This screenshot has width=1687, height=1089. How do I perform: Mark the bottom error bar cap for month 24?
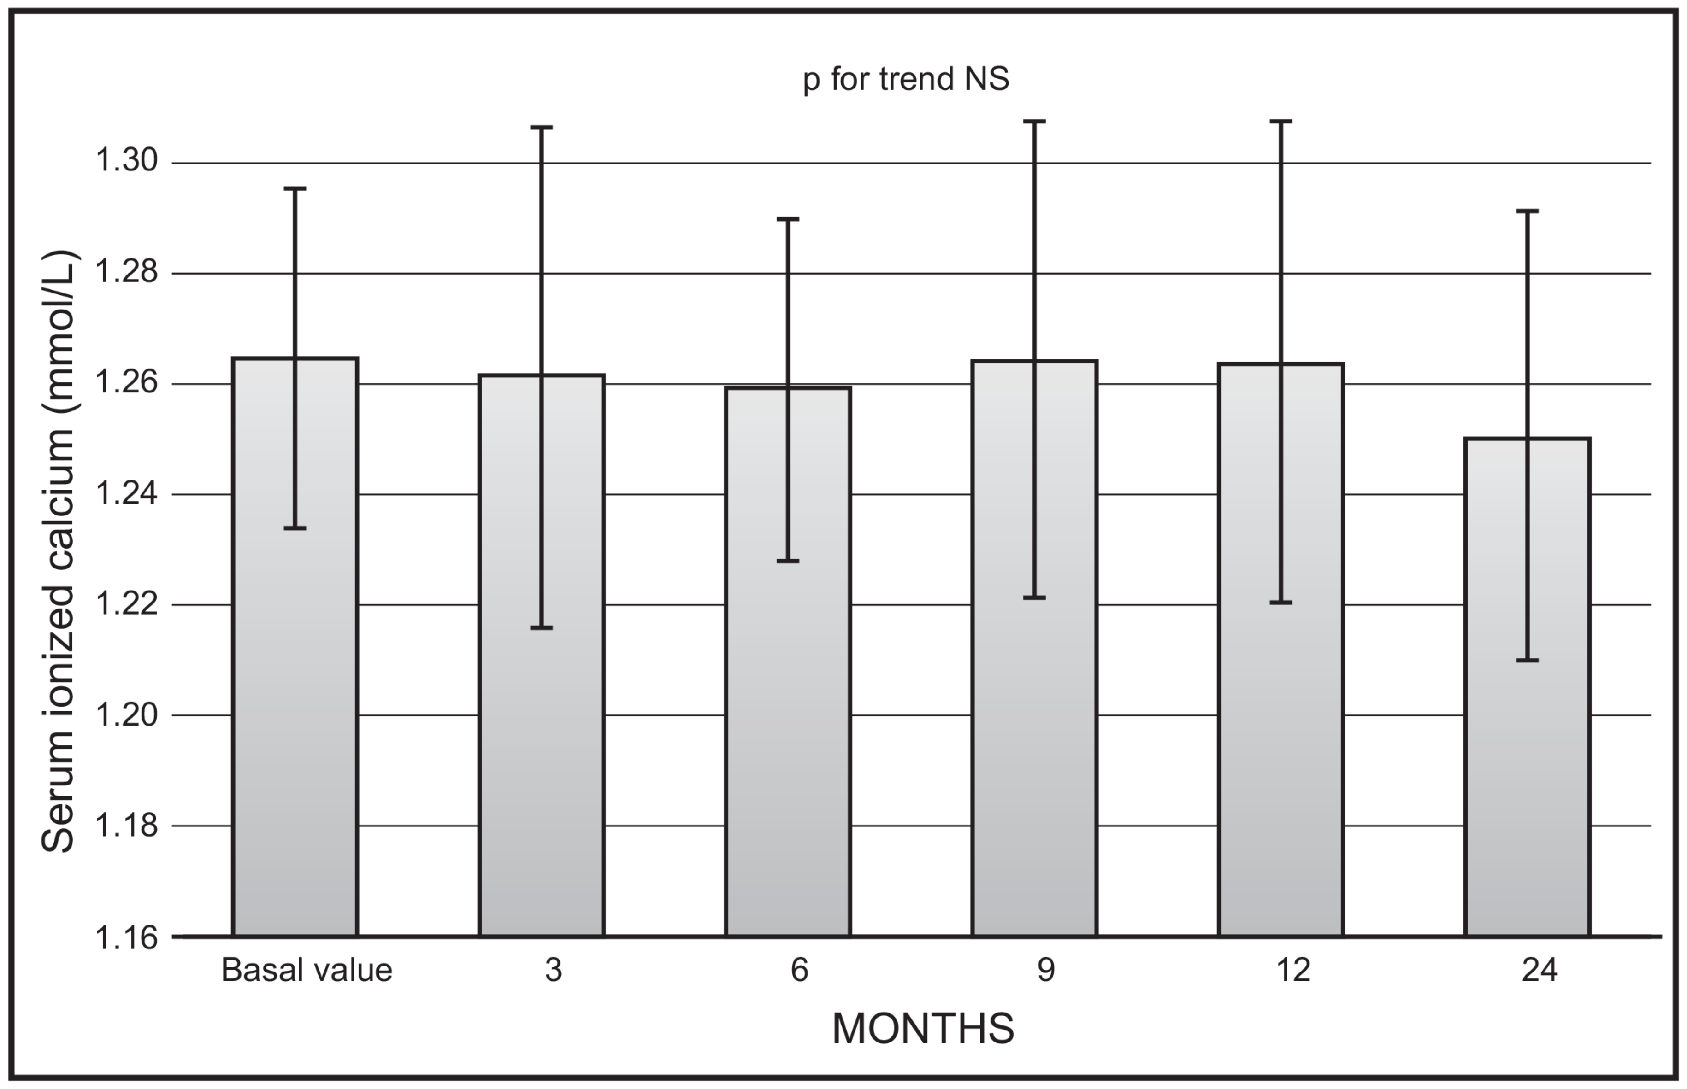[1527, 660]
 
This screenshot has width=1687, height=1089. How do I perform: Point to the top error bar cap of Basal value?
[295, 189]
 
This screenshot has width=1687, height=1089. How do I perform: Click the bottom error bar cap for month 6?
[787, 561]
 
